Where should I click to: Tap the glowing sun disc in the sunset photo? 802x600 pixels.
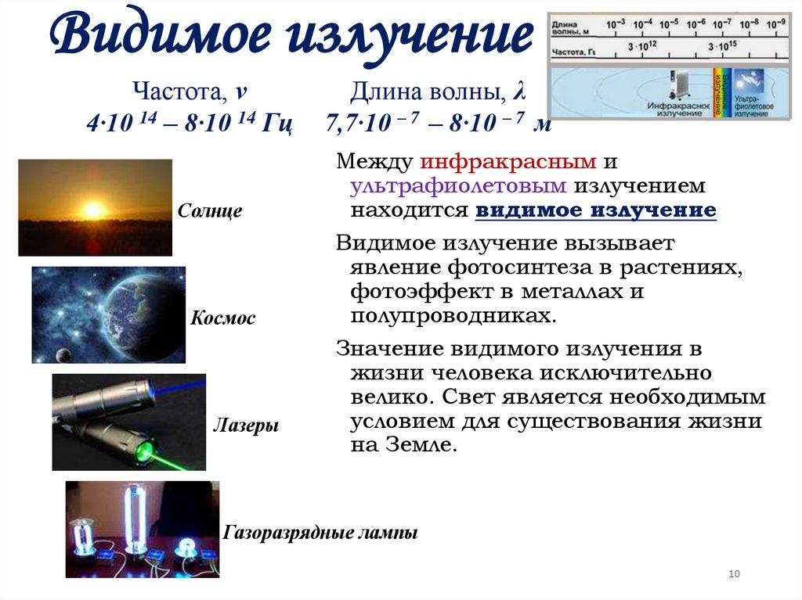point(94,210)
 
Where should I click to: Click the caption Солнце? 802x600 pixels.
point(210,211)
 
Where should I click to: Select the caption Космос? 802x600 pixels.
point(223,319)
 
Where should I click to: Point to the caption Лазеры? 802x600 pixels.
point(245,426)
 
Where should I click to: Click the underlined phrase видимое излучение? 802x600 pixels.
point(595,211)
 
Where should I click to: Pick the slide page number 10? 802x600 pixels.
point(734,574)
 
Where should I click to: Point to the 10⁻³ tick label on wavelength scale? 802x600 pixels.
point(616,23)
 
